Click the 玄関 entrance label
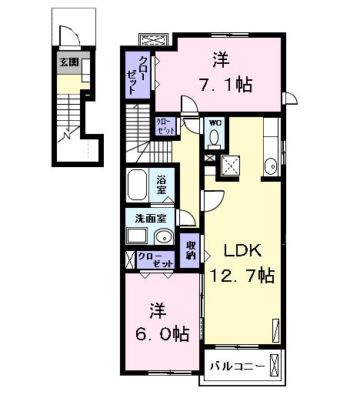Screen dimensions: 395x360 tap(68, 62)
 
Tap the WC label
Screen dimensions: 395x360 tap(214, 122)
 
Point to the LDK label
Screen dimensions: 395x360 tap(243, 250)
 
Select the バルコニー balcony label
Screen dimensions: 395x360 tap(237, 365)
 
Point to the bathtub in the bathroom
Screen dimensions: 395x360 tap(138, 185)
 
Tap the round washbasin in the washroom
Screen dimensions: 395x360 tap(163, 236)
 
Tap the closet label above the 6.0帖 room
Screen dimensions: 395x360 tap(156, 259)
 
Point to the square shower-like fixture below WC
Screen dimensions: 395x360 tap(230, 163)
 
